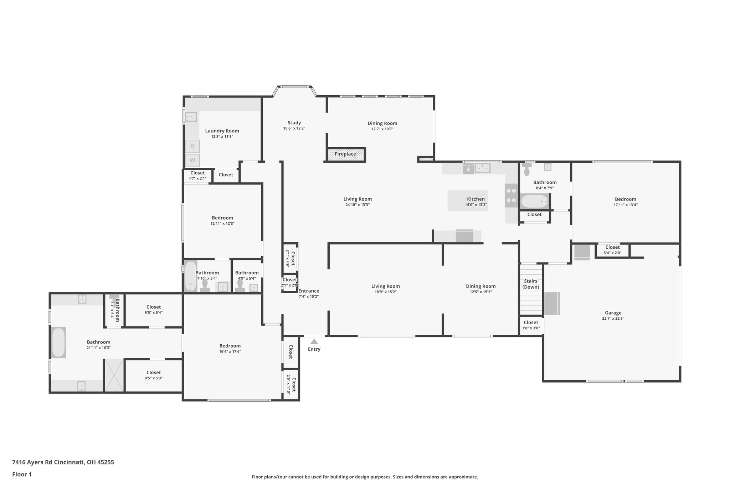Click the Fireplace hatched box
tap(346, 154)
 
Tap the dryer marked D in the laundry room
tap(192, 146)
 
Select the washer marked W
tap(192, 160)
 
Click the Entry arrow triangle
tap(314, 341)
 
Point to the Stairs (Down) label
tap(531, 284)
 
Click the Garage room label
tap(613, 313)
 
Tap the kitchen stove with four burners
tap(511, 195)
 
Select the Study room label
tap(294, 123)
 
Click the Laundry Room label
tap(222, 131)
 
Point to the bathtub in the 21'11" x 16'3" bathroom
tap(58, 343)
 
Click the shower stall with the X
tap(114, 375)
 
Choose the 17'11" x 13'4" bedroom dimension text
tap(626, 205)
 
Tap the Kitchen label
tap(476, 199)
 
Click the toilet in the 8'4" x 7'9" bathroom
tap(527, 169)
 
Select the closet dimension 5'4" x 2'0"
tap(612, 253)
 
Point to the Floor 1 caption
tap(22, 475)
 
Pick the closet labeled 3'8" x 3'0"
tap(531, 325)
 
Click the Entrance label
tap(309, 291)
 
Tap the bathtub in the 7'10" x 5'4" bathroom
tap(191, 276)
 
